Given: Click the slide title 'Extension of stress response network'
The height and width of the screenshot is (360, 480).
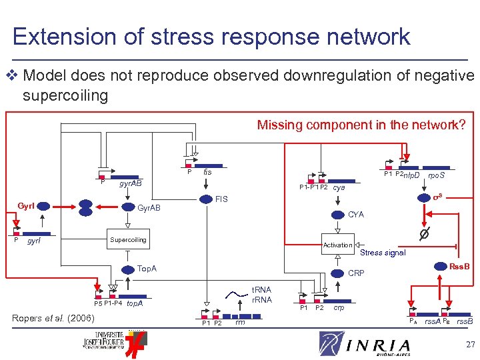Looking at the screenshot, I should (x=211, y=36).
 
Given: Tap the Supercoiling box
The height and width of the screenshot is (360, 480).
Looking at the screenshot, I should (x=128, y=239).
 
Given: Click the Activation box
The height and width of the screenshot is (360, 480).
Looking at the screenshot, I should (x=337, y=245).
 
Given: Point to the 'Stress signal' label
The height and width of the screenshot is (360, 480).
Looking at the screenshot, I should (x=383, y=253).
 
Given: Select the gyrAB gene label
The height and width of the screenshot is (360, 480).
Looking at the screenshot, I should (x=130, y=183).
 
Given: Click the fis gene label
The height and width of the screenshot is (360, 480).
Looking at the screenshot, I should (x=207, y=172).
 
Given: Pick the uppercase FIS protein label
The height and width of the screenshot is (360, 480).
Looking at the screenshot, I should (x=221, y=199).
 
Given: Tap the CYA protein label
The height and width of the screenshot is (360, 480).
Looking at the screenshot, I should (x=356, y=215).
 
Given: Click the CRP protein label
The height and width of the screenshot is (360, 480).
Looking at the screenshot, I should (x=357, y=273).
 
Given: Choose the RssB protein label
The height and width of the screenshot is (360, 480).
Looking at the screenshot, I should (x=459, y=267).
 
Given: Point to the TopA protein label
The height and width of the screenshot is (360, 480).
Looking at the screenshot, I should (x=147, y=269).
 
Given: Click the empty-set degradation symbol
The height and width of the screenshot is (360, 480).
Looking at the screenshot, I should (x=422, y=234).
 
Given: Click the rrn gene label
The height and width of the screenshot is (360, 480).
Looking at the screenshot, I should (x=240, y=323).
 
